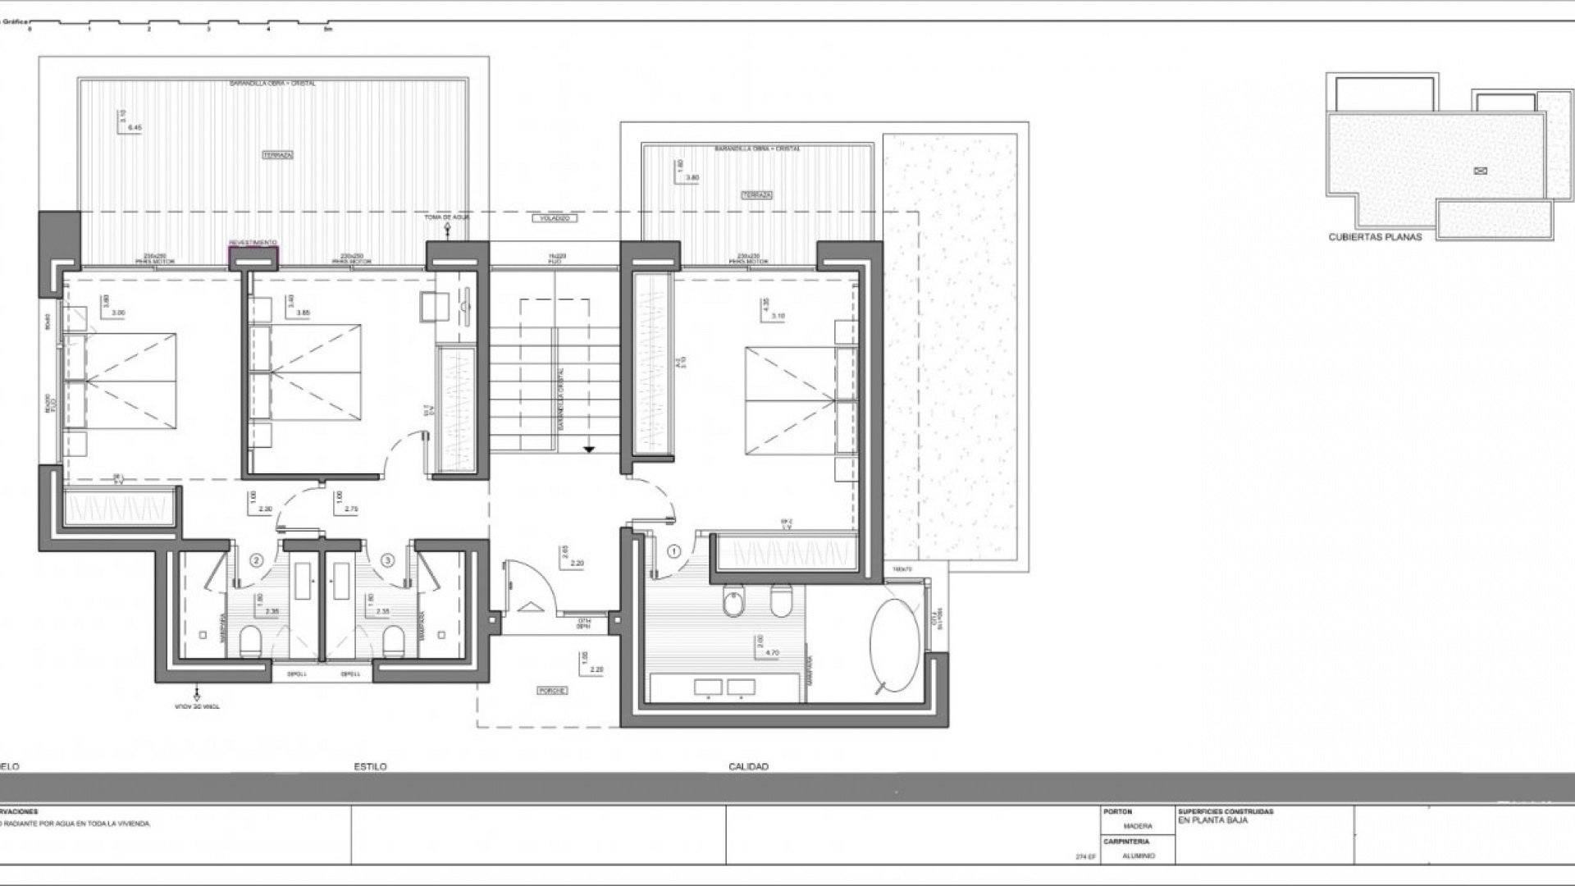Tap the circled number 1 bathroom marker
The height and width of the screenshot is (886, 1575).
pos(674,552)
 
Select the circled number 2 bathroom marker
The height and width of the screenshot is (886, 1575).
pos(257,561)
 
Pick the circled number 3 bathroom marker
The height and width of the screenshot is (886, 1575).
pos(388,561)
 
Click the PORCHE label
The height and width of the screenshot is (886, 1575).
pos(552,691)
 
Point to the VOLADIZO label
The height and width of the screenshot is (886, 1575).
pos(555,218)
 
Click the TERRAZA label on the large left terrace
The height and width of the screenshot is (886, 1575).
pos(277,154)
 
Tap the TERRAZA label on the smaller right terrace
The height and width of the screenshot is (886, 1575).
pos(756,195)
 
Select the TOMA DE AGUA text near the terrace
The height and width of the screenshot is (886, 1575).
pos(446,217)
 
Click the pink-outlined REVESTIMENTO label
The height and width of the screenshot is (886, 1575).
pos(253,243)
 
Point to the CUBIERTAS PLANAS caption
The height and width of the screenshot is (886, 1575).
pos(1375,237)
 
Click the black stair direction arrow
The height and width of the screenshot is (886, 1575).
pos(589,449)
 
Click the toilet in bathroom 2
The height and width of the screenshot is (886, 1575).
pos(250,642)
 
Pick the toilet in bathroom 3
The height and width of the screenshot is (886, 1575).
pos(394,642)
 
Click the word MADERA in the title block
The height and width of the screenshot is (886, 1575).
pos(1138,826)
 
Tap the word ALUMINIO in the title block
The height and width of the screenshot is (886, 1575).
pos(1139,856)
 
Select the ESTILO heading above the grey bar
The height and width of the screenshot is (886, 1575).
pos(370,767)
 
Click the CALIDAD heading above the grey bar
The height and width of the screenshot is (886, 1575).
pos(748,767)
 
